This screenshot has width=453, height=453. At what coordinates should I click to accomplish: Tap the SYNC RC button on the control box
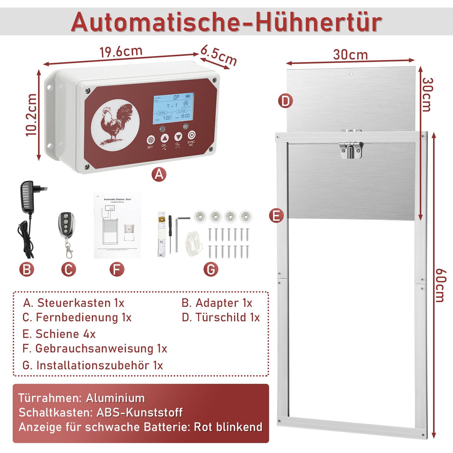point(192,135)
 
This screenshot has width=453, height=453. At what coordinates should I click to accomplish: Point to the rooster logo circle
point(115,123)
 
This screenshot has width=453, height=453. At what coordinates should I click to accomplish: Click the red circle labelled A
point(159,174)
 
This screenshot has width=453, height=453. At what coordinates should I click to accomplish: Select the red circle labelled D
point(285,101)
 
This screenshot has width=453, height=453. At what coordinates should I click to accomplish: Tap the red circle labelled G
point(210,269)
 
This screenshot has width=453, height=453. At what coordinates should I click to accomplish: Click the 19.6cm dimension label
point(121,52)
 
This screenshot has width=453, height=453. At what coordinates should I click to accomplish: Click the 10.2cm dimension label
point(31,115)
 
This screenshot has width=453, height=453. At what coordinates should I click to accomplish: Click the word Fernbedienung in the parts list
point(77,317)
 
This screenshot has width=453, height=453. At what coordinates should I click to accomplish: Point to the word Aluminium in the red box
point(115,398)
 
